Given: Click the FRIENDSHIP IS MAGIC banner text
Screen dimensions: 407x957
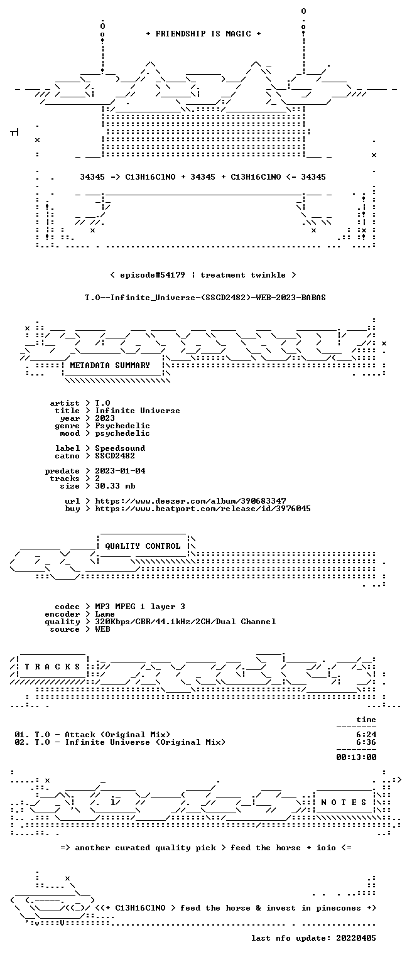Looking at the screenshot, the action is (203, 34).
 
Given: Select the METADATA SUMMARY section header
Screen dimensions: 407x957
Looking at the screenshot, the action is (110, 365).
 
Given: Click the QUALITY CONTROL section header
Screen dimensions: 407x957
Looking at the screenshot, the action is (143, 546).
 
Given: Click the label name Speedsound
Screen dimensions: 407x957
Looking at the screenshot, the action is (120, 448).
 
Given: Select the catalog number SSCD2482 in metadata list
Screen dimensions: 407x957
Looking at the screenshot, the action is (115, 456).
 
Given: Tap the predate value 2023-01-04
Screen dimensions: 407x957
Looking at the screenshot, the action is (120, 471).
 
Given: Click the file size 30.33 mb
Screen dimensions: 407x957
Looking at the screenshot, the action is (115, 486).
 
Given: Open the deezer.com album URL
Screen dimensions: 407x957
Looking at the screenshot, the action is (191, 500).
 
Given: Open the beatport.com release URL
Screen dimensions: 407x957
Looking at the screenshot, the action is (203, 509).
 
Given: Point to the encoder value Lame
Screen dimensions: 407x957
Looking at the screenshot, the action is (105, 614).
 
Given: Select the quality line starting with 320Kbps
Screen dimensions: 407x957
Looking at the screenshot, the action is (185, 622).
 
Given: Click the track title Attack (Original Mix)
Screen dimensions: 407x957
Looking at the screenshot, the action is (117, 735).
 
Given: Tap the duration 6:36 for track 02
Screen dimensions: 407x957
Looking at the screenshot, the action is (366, 742).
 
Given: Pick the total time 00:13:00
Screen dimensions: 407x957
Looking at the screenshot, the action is (356, 757).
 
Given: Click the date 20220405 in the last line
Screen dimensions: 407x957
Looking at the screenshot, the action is (356, 938).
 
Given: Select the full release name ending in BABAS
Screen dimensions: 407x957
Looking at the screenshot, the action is (205, 298).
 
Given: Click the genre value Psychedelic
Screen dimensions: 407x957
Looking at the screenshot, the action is (122, 426).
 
